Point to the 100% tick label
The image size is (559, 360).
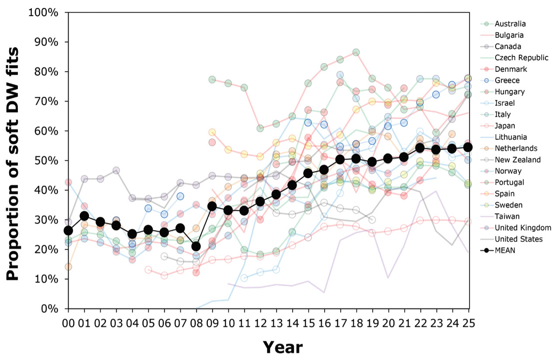(x=43, y=12)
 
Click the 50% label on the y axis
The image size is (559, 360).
(x=45, y=160)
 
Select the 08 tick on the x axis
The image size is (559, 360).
(x=196, y=323)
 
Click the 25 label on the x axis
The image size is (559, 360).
(x=469, y=323)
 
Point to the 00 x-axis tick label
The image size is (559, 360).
(x=68, y=323)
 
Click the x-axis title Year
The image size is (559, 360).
(x=283, y=347)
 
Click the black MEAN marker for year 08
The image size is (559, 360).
(x=196, y=246)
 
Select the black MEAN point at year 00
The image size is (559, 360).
(x=68, y=231)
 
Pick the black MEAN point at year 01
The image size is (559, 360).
(x=84, y=216)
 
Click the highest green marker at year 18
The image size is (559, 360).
(x=356, y=52)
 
